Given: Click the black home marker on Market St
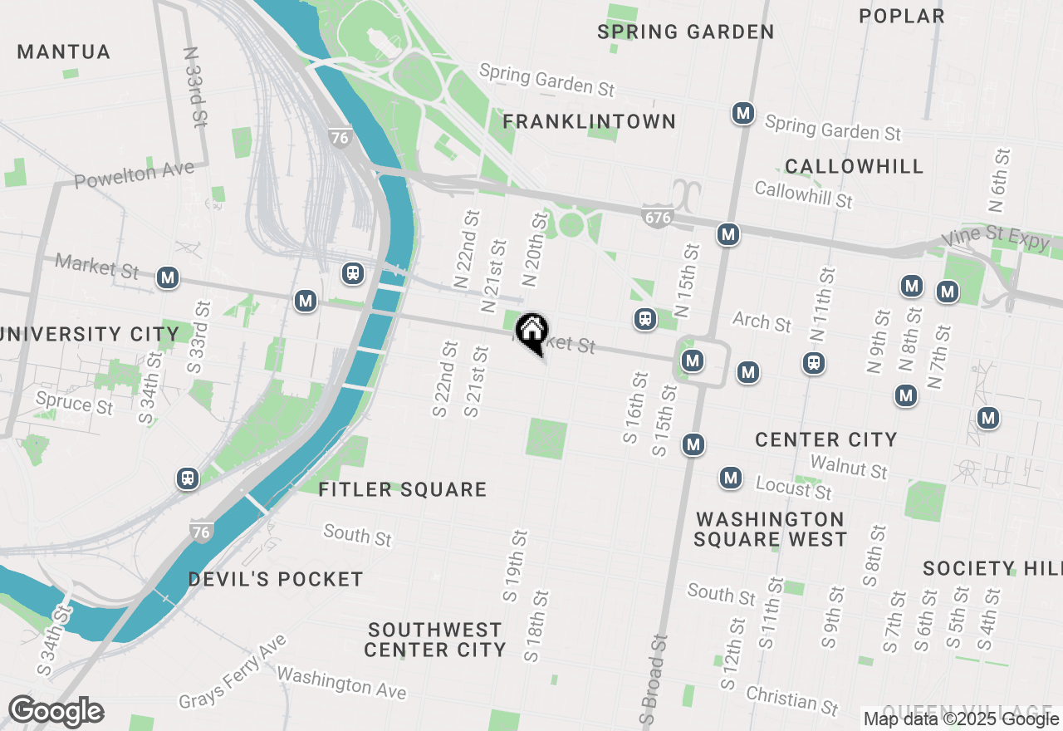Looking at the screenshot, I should (531, 331).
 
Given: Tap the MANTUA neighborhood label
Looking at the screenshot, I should (64, 52).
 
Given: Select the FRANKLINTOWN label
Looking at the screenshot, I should (589, 122).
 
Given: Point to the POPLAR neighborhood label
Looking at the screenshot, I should (902, 17).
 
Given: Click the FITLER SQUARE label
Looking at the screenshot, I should (403, 489).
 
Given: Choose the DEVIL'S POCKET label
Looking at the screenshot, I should (276, 579).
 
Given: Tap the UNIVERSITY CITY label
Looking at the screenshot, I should (90, 335).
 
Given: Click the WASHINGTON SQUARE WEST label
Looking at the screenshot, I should (770, 529).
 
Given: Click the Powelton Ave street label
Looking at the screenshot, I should (134, 174).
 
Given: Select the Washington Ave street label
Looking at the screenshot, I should (341, 683).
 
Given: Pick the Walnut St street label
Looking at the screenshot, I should (849, 467).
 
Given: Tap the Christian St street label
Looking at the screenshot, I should (791, 699).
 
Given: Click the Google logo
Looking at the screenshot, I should (56, 712).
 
